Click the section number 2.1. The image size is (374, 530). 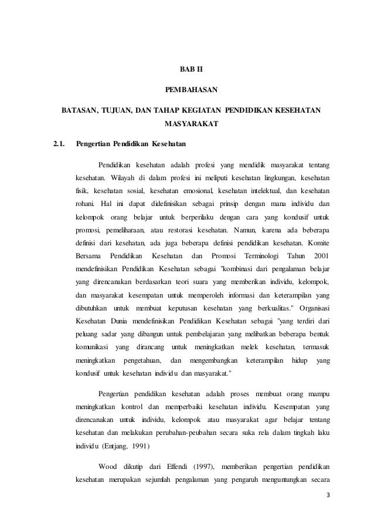coord(59,144)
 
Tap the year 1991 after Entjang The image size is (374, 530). coord(139,445)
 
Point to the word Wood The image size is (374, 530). coord(108,467)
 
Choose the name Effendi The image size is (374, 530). coord(177,467)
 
